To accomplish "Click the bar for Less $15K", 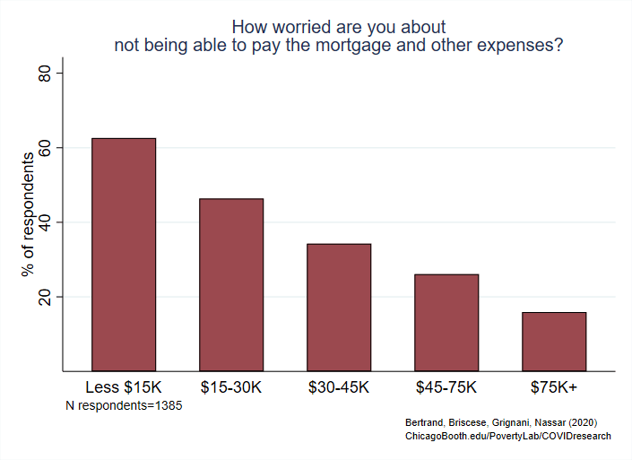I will [124, 255].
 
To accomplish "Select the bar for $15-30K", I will [231, 284].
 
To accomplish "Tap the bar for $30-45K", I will [339, 307].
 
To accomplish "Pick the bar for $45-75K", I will [446, 322].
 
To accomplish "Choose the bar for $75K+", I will [554, 341].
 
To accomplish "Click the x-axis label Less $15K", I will [124, 388].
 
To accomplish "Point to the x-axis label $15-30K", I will [231, 388].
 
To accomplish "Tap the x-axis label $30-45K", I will [339, 388].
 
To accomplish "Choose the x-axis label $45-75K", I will [446, 388].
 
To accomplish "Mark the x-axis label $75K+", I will [554, 388].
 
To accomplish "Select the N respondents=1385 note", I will [125, 406].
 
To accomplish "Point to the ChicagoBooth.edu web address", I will [508, 436].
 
